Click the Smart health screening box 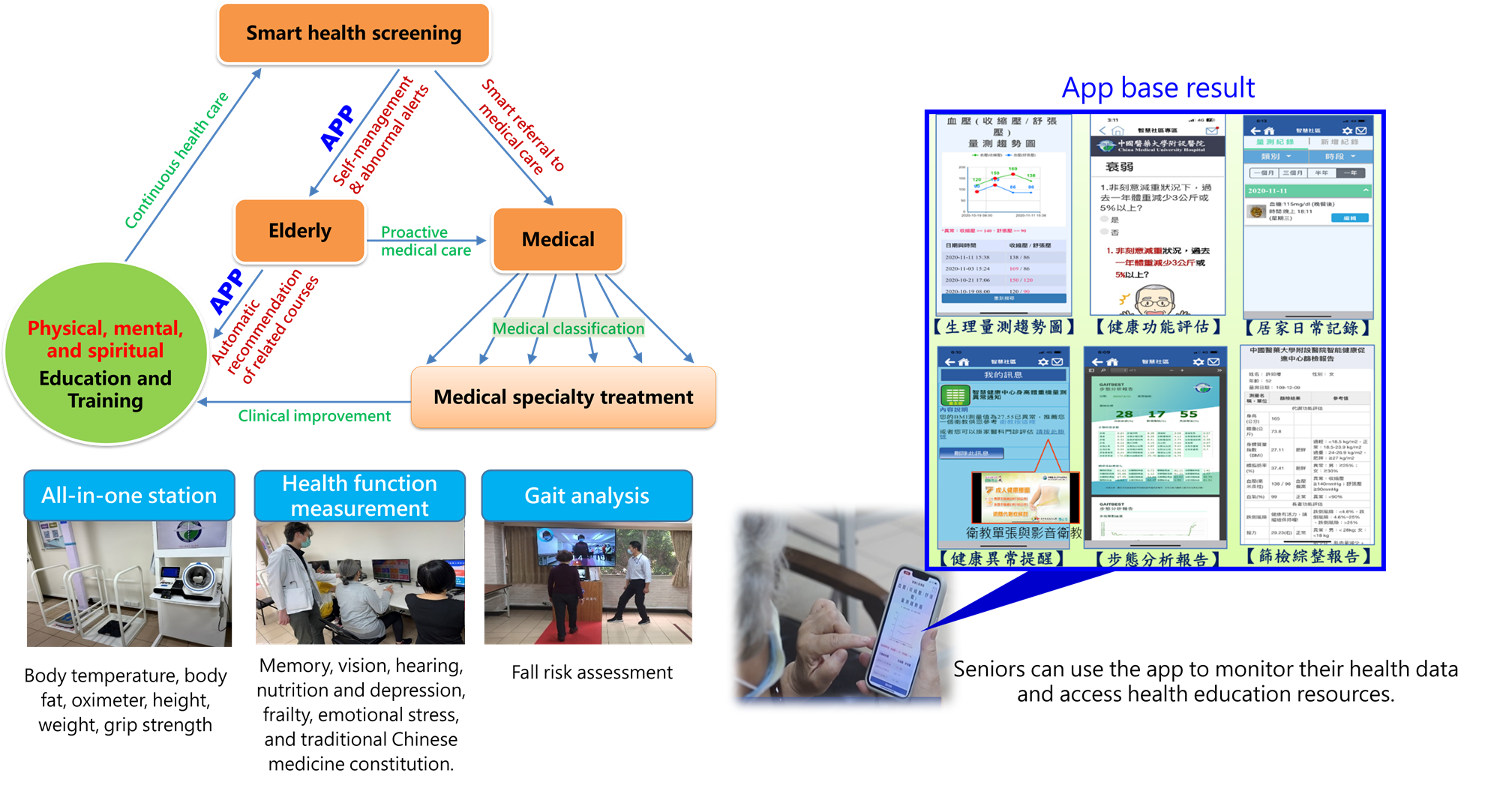(x=353, y=33)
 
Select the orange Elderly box (x=300, y=231)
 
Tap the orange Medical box (x=558, y=239)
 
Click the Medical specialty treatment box (x=563, y=397)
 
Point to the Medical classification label (x=568, y=328)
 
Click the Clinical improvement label (x=314, y=416)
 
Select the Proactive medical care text (x=424, y=241)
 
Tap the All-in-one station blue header (x=129, y=496)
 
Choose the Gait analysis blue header (x=586, y=496)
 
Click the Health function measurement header (x=359, y=496)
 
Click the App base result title (x=1158, y=88)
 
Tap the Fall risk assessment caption (x=592, y=673)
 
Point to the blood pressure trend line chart (x=1003, y=187)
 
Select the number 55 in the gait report (x=1189, y=414)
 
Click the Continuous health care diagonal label (x=176, y=160)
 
